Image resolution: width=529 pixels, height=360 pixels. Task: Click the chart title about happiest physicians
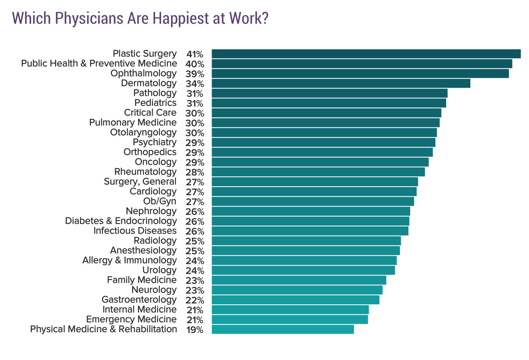[140, 19]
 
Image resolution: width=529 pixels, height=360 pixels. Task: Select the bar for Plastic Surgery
[366, 54]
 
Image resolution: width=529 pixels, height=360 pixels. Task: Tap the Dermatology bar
[340, 84]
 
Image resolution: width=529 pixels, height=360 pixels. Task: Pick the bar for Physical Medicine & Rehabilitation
[283, 329]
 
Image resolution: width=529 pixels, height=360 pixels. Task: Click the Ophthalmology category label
[144, 73]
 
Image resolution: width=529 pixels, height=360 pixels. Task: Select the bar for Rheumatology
[318, 172]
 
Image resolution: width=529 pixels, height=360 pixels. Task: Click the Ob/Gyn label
[160, 201]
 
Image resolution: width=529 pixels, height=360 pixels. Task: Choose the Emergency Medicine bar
[290, 319]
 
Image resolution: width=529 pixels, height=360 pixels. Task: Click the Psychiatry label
[155, 142]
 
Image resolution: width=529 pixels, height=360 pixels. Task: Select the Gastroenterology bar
[295, 300]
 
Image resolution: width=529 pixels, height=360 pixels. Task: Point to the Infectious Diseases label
[135, 231]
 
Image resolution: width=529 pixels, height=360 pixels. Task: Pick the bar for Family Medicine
[299, 280]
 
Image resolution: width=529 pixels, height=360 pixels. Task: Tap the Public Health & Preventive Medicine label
[99, 64]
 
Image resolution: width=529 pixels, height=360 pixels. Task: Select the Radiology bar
[306, 241]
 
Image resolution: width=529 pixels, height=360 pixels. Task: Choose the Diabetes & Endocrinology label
[121, 221]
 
